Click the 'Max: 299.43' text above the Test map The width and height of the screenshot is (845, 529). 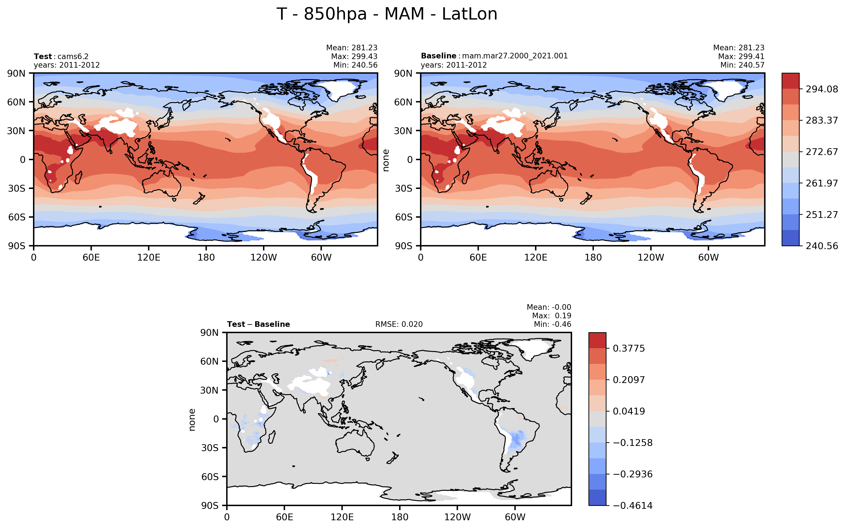(354, 56)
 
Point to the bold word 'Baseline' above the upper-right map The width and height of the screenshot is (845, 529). (438, 56)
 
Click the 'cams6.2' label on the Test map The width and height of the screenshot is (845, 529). (73, 56)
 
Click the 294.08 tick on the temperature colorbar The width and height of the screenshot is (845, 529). (822, 89)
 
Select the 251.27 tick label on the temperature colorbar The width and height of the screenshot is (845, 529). (822, 215)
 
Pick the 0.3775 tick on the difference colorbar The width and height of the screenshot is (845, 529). (628, 348)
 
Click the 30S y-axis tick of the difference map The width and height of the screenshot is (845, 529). (210, 448)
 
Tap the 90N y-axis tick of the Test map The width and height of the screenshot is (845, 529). (16, 73)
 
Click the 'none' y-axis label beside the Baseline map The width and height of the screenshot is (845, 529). (386, 160)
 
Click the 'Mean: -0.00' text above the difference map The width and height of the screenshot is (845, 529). (549, 307)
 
